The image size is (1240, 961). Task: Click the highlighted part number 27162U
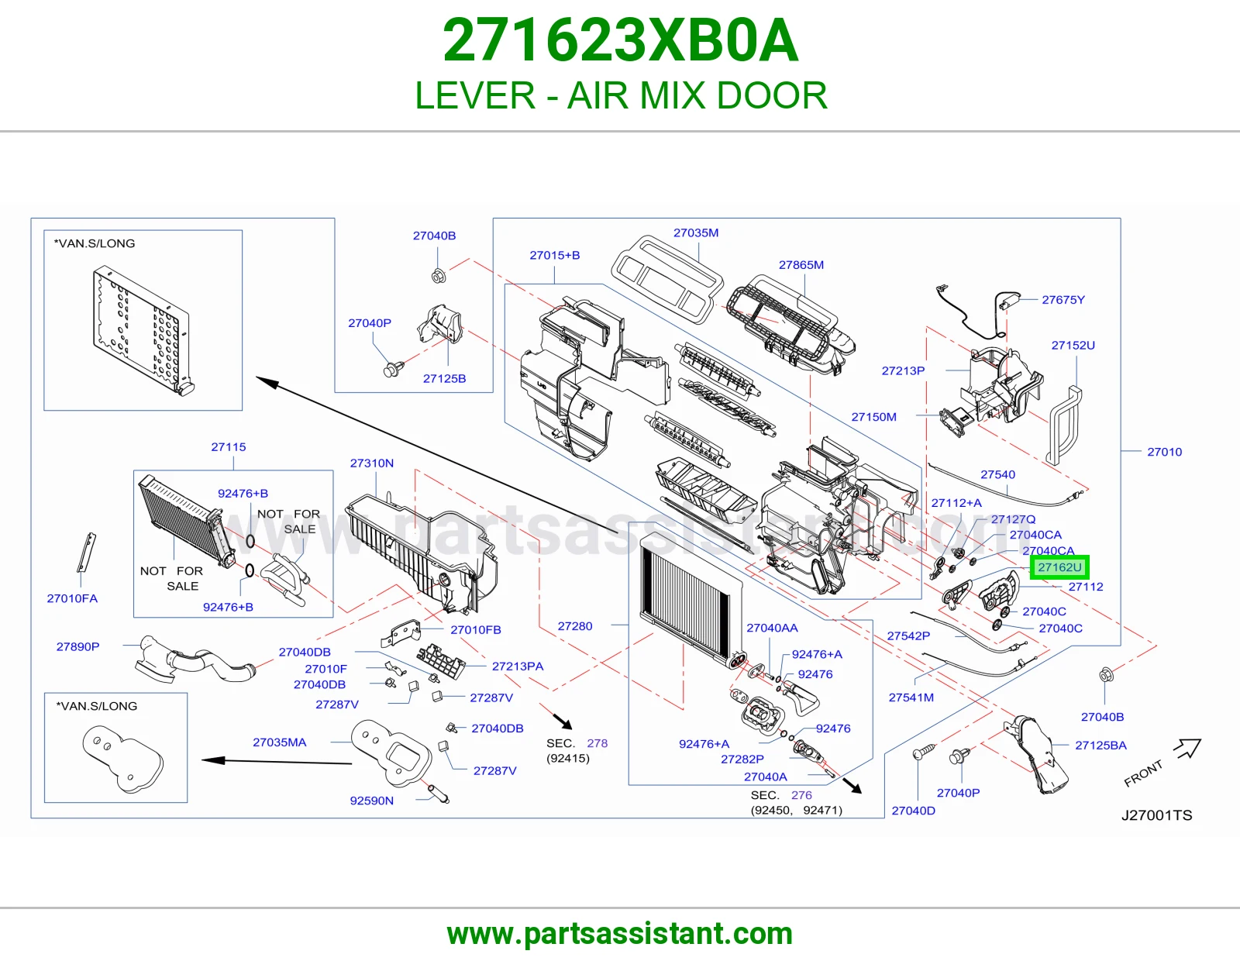click(x=1059, y=567)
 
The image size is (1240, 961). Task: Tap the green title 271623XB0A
click(x=620, y=40)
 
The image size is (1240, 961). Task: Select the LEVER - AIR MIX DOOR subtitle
click(x=620, y=95)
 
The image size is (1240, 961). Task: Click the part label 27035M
click(x=696, y=232)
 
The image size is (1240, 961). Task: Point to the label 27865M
click(x=801, y=265)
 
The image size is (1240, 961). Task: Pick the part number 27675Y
click(x=1063, y=300)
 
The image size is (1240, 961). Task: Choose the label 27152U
click(x=1073, y=345)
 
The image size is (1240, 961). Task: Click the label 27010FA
click(x=72, y=598)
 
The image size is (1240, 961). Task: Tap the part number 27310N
click(x=371, y=463)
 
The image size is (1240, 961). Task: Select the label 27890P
click(x=77, y=646)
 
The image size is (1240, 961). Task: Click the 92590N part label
click(x=371, y=801)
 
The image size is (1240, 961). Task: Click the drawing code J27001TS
click(x=1156, y=815)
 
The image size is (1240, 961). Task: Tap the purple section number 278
click(x=597, y=743)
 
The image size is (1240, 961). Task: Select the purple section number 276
click(x=801, y=795)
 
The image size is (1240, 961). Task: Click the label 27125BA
click(x=1100, y=746)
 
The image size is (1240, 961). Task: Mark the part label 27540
click(x=997, y=474)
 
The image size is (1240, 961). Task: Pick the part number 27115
click(x=229, y=447)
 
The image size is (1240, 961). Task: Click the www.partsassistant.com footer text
click(x=620, y=934)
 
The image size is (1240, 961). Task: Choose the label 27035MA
click(x=280, y=742)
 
